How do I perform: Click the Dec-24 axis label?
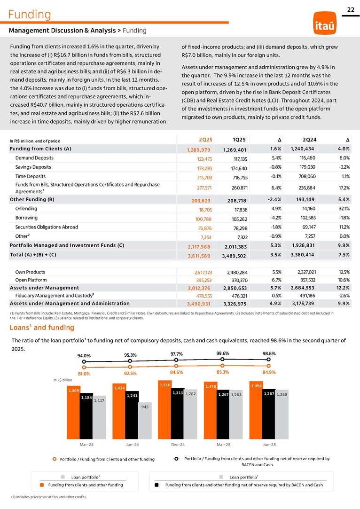point(177,444)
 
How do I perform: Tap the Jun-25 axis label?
point(269,444)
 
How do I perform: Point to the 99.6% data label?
point(223,352)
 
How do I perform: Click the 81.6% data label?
point(84,374)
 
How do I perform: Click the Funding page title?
point(29,15)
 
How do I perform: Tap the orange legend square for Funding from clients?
point(41,485)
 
